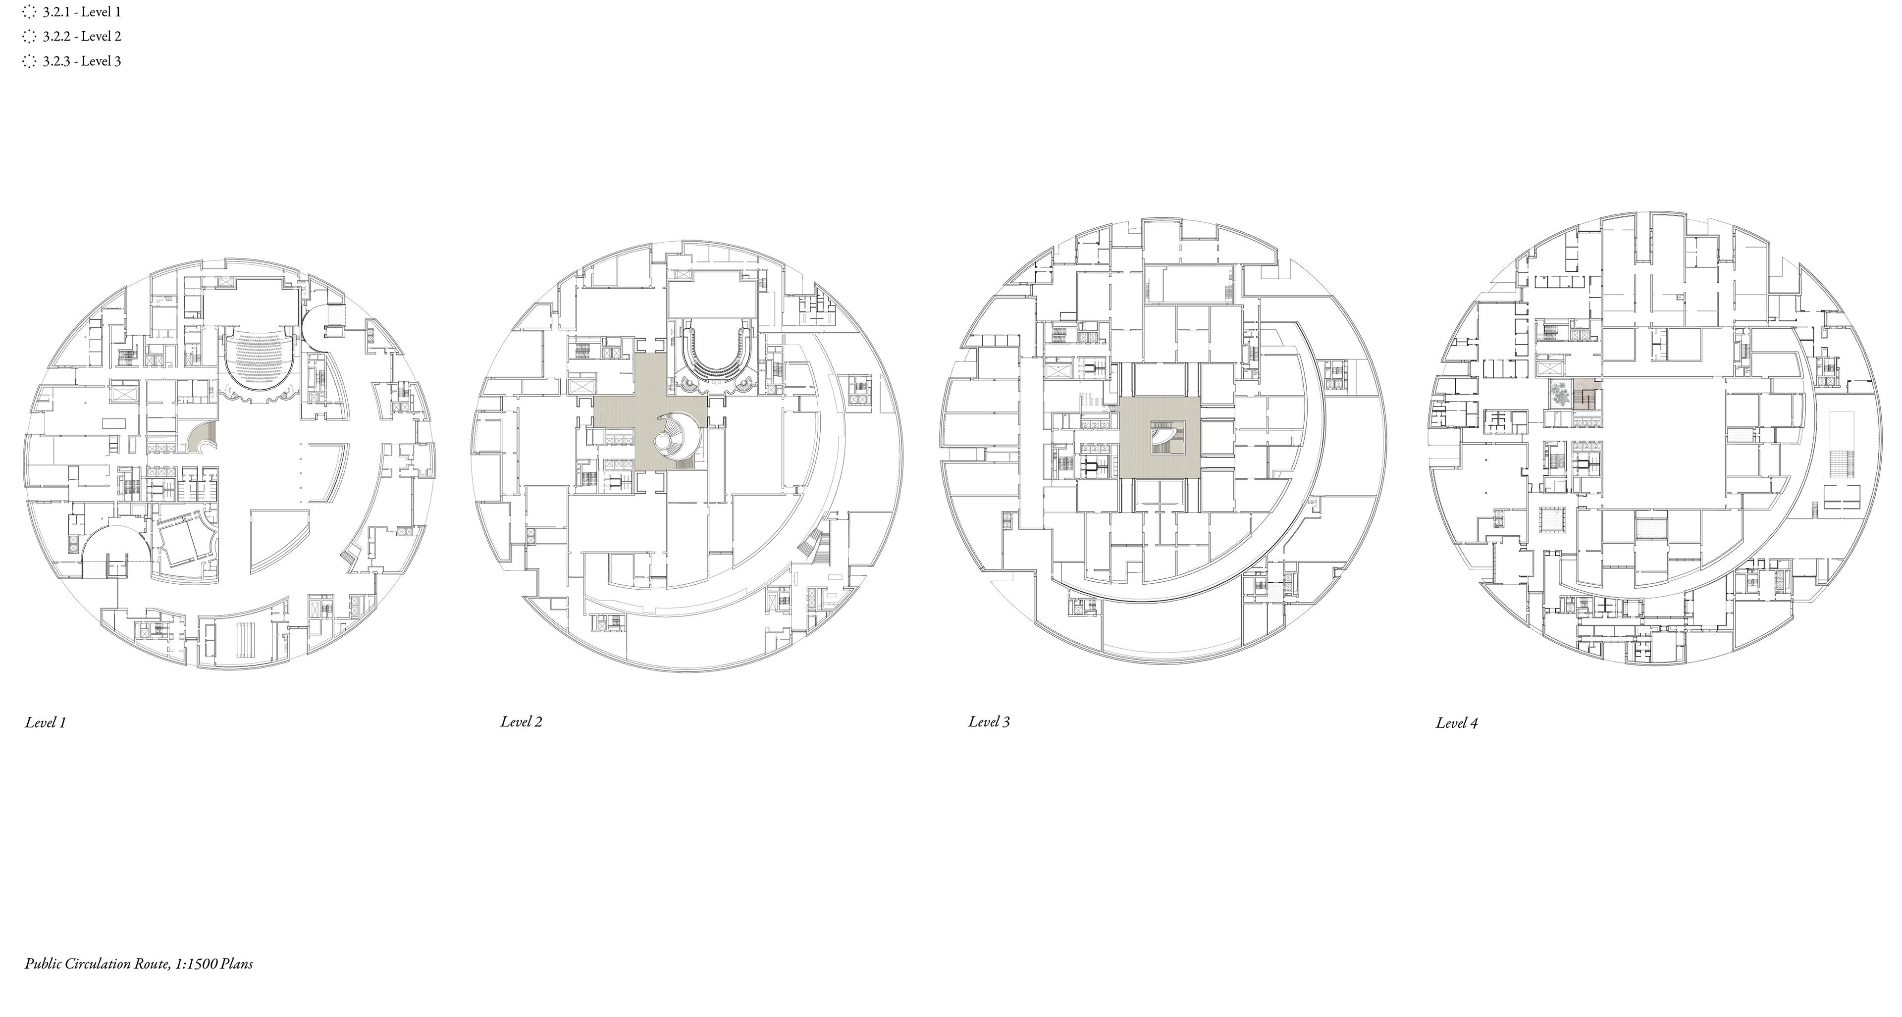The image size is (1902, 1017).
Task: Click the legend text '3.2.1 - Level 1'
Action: pyautogui.click(x=82, y=12)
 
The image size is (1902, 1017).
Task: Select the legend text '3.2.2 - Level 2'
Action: pyautogui.click(x=82, y=36)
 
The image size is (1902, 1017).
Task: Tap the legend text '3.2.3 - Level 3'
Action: pyautogui.click(x=82, y=61)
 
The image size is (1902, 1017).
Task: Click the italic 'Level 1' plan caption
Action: pyautogui.click(x=46, y=722)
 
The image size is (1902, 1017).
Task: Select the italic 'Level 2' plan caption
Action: pyautogui.click(x=521, y=722)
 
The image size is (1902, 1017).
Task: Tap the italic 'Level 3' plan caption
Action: pyautogui.click(x=990, y=722)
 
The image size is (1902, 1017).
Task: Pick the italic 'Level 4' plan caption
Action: pyautogui.click(x=1457, y=723)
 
